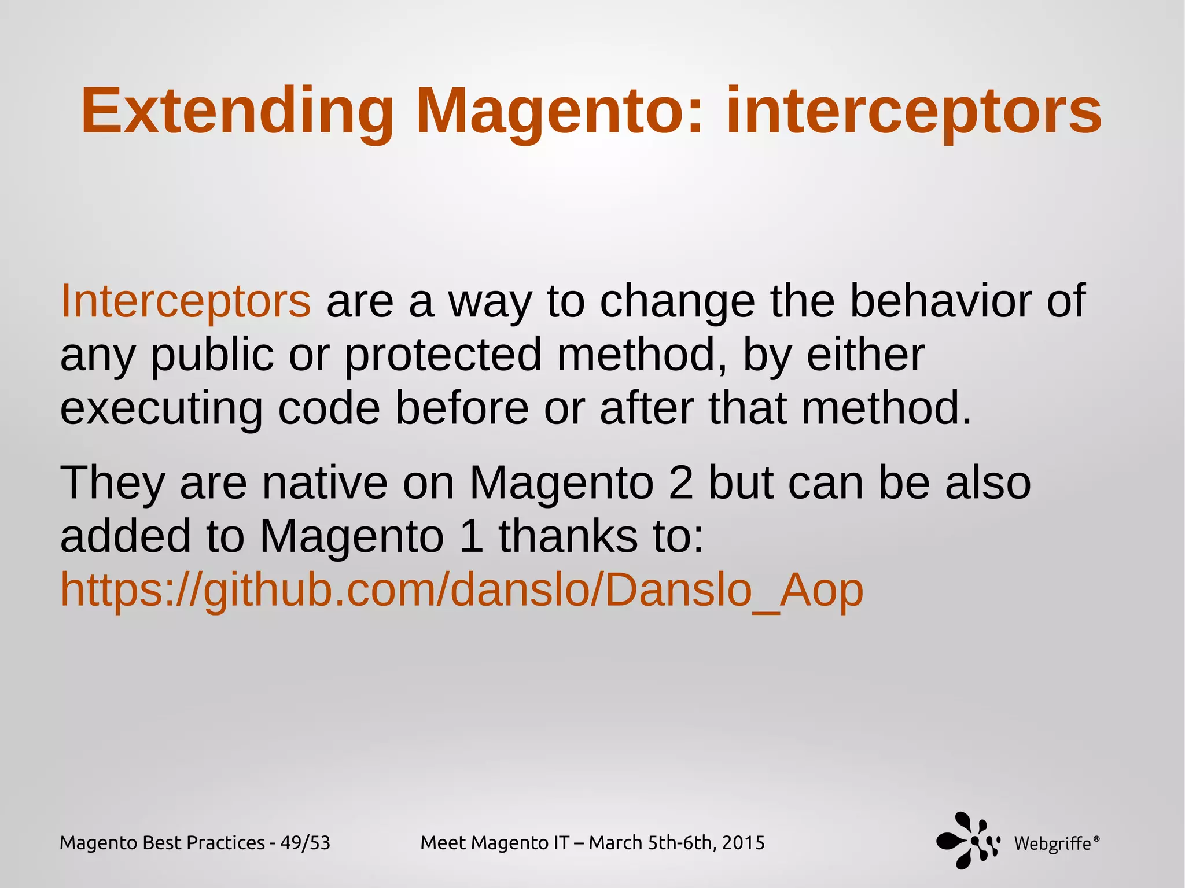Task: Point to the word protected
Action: [x=443, y=355]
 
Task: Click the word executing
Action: [x=161, y=408]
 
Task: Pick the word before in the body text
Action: [x=462, y=408]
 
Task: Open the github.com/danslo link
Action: [x=461, y=590]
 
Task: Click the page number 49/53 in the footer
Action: [x=305, y=843]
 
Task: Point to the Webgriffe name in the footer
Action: [x=1052, y=843]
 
